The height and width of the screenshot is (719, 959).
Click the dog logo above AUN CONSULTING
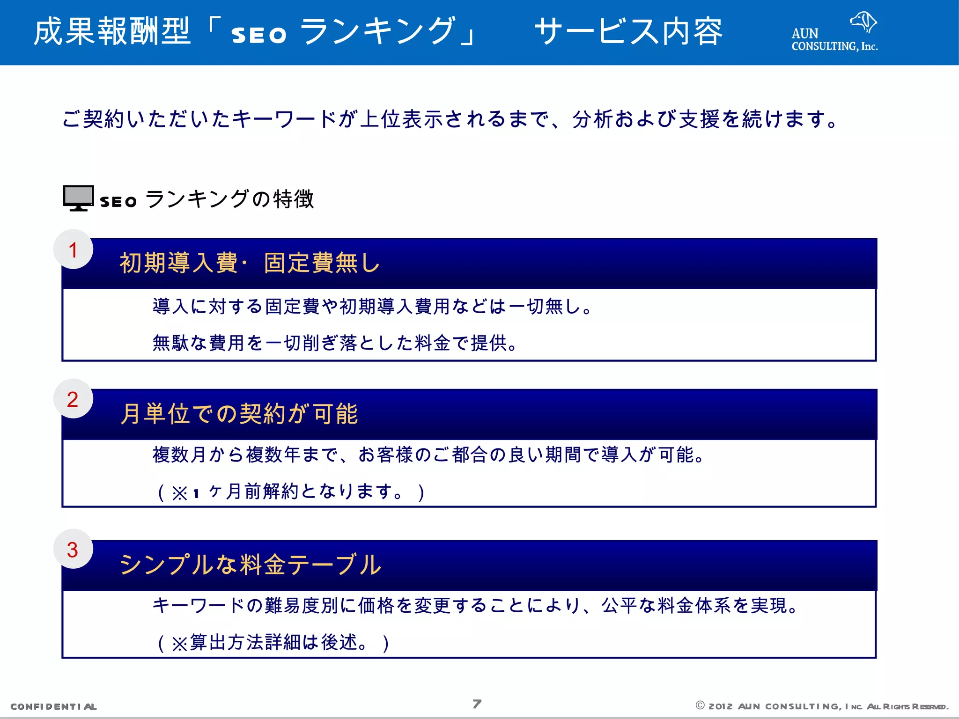click(x=863, y=22)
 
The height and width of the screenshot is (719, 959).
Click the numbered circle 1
click(x=73, y=249)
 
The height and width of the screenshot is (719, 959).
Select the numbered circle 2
click(x=73, y=399)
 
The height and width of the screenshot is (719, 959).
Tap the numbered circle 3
click(x=73, y=550)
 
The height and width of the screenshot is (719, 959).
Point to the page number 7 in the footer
click(x=477, y=704)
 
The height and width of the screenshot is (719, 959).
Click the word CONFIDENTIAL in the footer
click(x=53, y=706)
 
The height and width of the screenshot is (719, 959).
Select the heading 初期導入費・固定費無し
click(x=250, y=263)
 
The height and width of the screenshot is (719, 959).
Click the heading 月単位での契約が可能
click(x=239, y=414)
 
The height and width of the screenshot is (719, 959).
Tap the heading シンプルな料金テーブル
click(x=251, y=565)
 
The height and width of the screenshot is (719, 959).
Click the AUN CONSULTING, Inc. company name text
click(x=834, y=40)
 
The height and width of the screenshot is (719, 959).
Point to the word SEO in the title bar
click(x=258, y=35)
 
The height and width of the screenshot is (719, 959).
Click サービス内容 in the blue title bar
click(x=628, y=32)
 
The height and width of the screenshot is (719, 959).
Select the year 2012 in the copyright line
click(x=720, y=706)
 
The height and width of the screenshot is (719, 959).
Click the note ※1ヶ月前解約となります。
click(x=291, y=492)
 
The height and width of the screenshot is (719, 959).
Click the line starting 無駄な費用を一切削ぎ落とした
click(x=335, y=343)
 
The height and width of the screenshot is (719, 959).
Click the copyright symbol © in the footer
click(x=700, y=705)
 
